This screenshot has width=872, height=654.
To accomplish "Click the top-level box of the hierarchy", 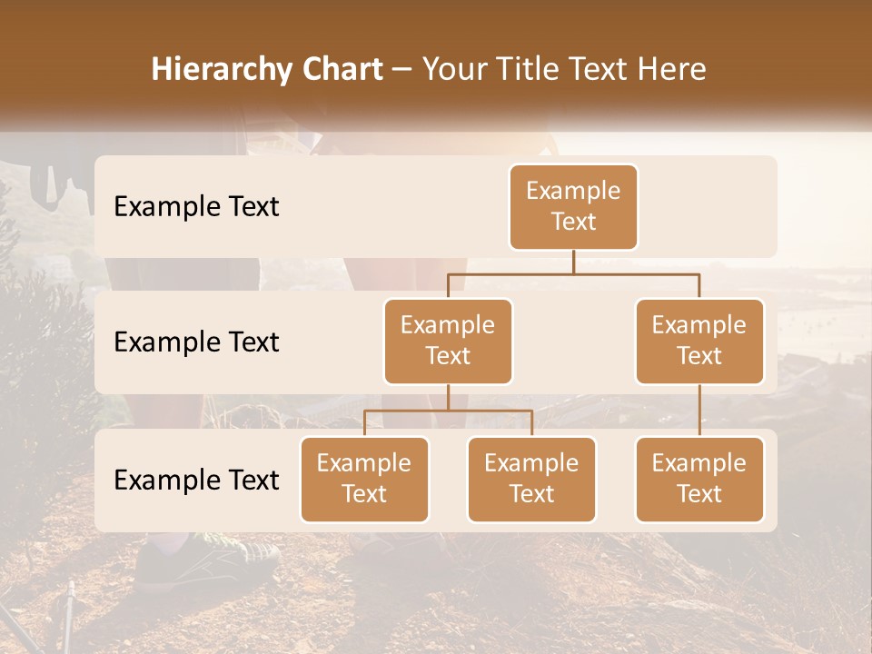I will [x=573, y=206].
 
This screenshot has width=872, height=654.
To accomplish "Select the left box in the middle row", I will [x=448, y=341].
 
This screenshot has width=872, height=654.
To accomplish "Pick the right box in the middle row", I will [x=699, y=341].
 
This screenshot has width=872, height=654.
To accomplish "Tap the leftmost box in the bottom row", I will [x=364, y=479].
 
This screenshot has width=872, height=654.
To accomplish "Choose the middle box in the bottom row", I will [x=531, y=479].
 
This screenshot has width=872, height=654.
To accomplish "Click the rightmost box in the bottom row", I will [x=699, y=479].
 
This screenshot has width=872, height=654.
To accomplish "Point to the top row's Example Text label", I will [x=196, y=207].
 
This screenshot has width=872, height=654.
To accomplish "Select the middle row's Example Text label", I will [x=196, y=342].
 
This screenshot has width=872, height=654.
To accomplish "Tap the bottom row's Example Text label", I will [x=196, y=481].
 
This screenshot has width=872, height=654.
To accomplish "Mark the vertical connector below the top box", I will [x=573, y=262].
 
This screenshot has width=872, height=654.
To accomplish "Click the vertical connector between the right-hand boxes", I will [x=699, y=411].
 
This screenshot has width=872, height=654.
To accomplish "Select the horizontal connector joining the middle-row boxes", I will [x=573, y=273].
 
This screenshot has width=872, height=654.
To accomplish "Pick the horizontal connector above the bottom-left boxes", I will [x=448, y=411].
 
